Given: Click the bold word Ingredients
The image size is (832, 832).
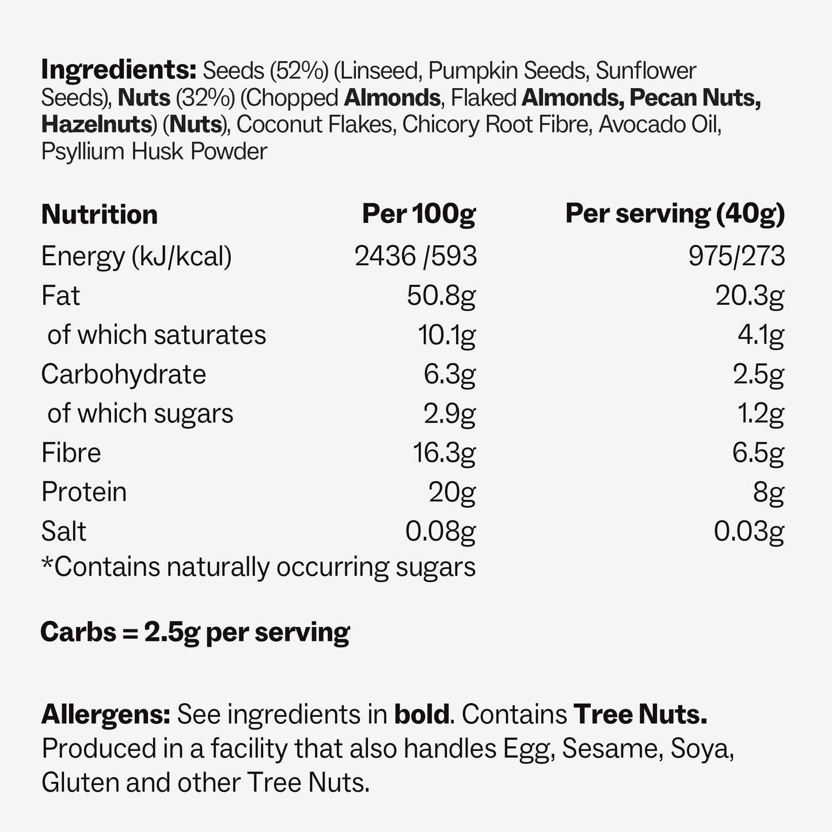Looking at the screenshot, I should [x=118, y=71].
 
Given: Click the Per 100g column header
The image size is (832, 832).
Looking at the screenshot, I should [x=419, y=214].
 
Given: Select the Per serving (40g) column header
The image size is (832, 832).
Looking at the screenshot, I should [x=675, y=214].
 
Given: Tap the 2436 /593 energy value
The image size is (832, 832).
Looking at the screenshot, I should [x=416, y=256].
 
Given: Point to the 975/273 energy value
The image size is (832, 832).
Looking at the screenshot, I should [x=736, y=256].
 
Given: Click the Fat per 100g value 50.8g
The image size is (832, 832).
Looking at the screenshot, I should [x=441, y=296].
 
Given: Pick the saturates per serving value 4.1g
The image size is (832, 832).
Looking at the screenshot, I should [x=761, y=335].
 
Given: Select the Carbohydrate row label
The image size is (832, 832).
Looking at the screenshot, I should [x=123, y=374].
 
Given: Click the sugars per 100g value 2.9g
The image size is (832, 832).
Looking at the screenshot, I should [x=449, y=413].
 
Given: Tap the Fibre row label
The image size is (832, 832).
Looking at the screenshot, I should [x=71, y=453].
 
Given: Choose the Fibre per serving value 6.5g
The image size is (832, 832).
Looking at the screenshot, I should [x=758, y=453].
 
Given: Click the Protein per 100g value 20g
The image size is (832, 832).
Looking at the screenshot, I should [x=452, y=492].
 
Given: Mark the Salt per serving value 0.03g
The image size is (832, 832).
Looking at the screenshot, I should [x=749, y=531].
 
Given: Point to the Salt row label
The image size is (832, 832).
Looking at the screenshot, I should [x=63, y=531].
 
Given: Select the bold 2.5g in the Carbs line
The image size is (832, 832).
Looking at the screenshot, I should [x=172, y=632].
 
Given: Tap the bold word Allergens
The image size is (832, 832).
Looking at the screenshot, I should [x=105, y=715].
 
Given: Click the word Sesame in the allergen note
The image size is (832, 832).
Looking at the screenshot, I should [x=595, y=749].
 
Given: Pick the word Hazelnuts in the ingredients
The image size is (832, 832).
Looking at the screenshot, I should [x=96, y=125].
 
